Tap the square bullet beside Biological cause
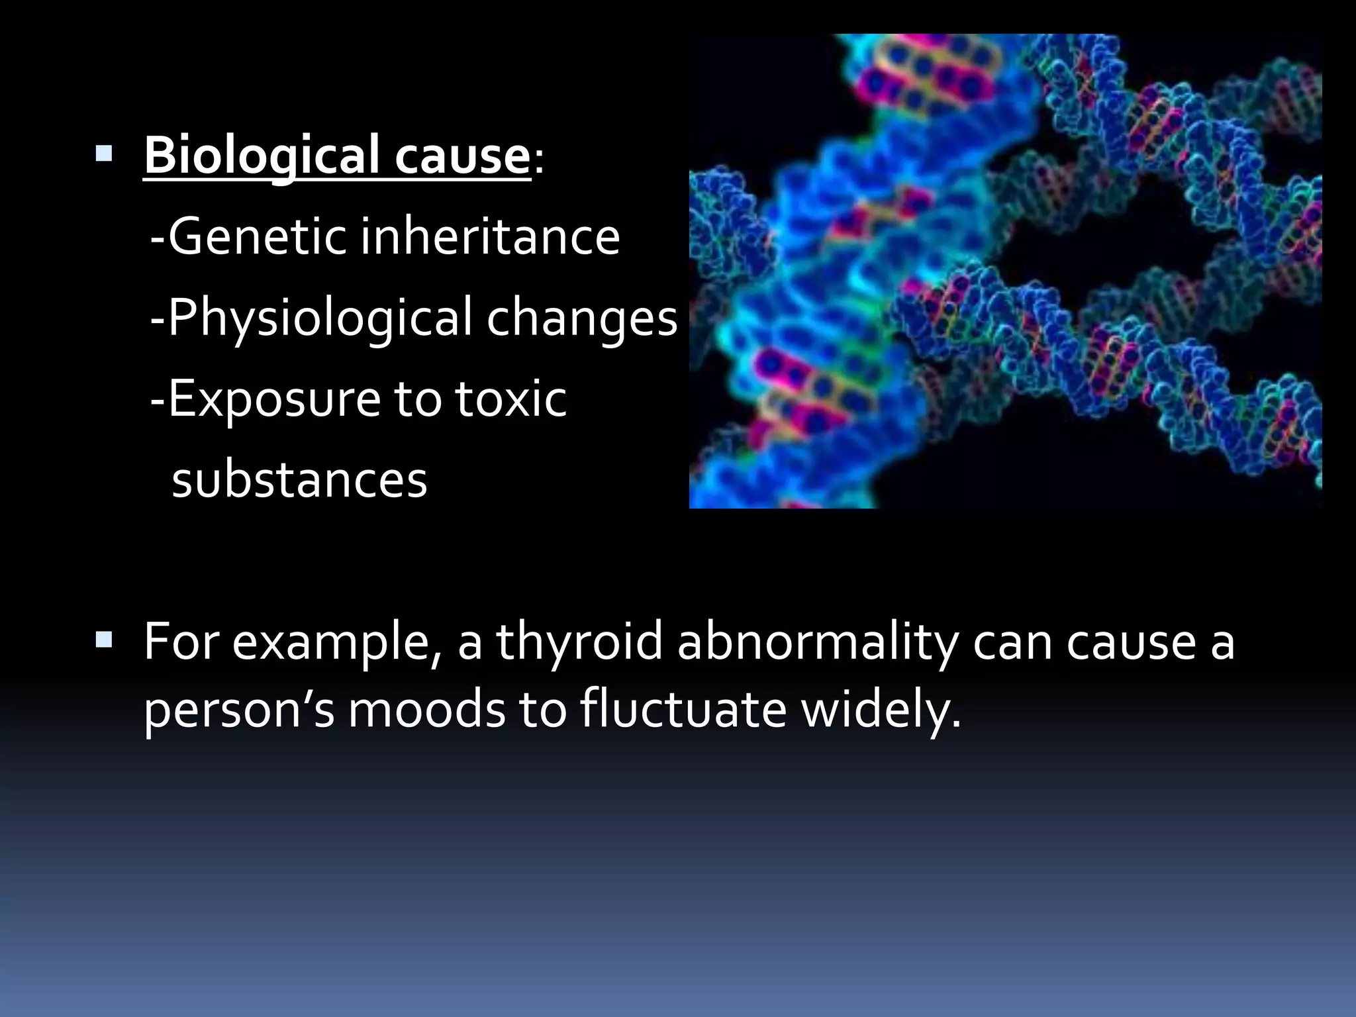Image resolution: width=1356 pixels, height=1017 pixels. click(104, 154)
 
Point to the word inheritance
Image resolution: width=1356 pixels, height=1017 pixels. click(490, 236)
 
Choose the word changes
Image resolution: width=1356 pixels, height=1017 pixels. click(582, 318)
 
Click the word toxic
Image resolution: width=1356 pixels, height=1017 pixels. click(510, 399)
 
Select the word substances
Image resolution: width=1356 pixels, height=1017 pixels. click(299, 479)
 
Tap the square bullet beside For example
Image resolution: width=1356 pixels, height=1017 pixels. click(104, 640)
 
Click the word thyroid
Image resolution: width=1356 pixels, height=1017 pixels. click(579, 642)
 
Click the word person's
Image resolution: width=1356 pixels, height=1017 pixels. click(239, 710)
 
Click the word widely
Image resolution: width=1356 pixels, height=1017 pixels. click(881, 710)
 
